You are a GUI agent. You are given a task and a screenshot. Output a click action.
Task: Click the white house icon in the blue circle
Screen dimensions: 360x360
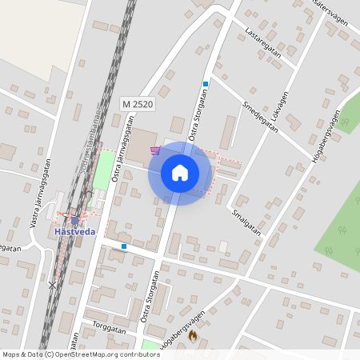pos(179,172)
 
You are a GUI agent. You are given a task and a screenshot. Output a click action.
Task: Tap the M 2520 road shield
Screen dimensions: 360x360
pos(138,104)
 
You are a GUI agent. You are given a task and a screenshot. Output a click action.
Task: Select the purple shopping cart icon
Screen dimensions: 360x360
pos(154,150)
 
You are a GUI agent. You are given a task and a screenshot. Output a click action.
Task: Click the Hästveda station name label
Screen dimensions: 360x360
pos(74,231)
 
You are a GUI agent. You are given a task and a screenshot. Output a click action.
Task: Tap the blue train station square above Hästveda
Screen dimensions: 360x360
pos(74,219)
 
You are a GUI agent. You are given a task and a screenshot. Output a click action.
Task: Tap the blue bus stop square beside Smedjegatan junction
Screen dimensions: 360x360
pos(206,84)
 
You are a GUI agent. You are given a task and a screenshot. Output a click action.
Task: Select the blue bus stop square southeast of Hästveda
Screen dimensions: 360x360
pos(124,246)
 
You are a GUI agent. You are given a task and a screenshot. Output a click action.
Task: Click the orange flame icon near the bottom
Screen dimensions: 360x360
pos(192,338)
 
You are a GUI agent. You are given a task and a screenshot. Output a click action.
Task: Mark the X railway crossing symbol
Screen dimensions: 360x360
pos(53,284)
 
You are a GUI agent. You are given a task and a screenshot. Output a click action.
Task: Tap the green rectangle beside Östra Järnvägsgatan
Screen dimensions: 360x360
pos(102,170)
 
